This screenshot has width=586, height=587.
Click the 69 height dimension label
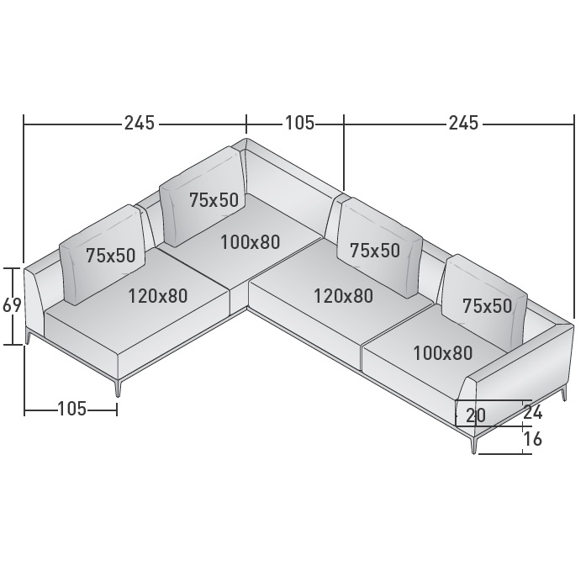click(12, 305)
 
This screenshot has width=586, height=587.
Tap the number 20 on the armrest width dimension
click(476, 415)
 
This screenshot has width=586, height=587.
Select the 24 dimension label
click(532, 412)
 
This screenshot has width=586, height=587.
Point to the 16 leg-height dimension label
click(533, 439)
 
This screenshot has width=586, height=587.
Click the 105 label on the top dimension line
click(300, 123)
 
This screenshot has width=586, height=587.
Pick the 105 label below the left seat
click(71, 408)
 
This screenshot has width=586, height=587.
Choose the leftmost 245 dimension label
click(140, 123)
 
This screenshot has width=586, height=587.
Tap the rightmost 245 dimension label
click(463, 123)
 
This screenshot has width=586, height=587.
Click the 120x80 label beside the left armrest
click(158, 296)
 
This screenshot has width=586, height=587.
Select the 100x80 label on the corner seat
click(251, 242)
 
